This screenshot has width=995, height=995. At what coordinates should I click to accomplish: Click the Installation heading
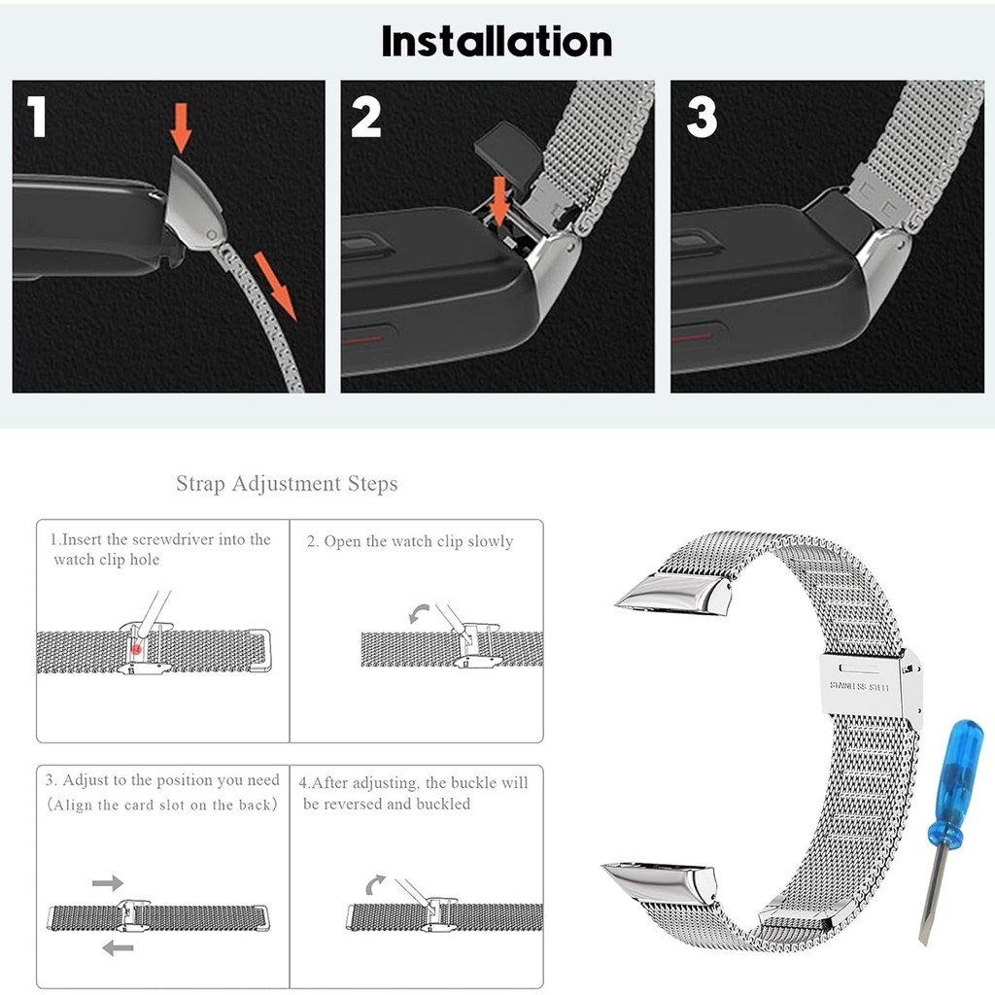click(x=497, y=42)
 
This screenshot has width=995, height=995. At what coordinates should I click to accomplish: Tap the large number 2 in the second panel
click(x=366, y=117)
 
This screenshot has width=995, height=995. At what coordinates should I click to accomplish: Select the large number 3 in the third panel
click(x=702, y=117)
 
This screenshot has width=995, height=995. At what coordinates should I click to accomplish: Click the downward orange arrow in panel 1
click(x=181, y=128)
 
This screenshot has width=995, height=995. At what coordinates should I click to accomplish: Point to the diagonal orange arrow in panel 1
click(x=275, y=286)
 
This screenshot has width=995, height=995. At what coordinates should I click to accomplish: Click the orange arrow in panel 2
click(x=500, y=201)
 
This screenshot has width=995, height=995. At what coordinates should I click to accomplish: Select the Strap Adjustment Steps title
click(x=287, y=484)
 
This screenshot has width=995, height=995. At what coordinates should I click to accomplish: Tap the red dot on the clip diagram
click(x=136, y=649)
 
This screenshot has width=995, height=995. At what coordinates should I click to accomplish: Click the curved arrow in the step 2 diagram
click(x=418, y=614)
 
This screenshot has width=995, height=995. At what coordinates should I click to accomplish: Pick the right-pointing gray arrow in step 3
click(x=107, y=882)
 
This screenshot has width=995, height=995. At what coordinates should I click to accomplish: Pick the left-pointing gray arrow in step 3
click(x=118, y=948)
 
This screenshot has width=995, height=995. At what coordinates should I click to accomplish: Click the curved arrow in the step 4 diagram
click(x=375, y=884)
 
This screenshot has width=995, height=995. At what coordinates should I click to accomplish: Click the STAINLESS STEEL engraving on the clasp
click(x=859, y=687)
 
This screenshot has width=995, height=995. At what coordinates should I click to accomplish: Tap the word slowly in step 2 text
click(x=490, y=542)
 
